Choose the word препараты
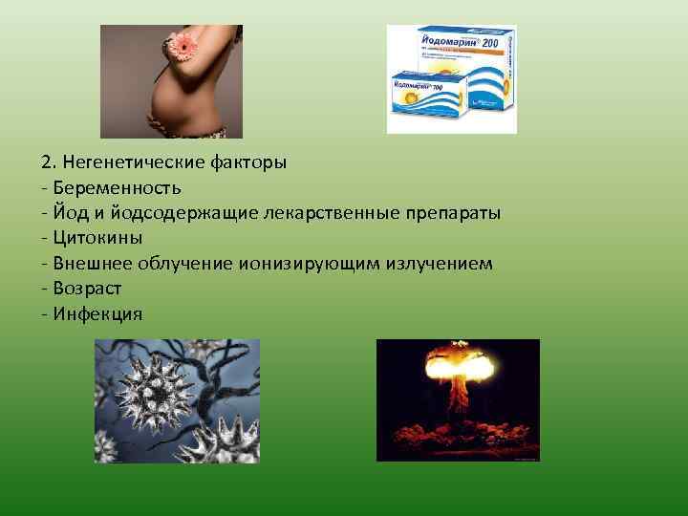click(452, 212)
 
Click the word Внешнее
click(95, 262)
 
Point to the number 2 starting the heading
click(46, 161)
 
